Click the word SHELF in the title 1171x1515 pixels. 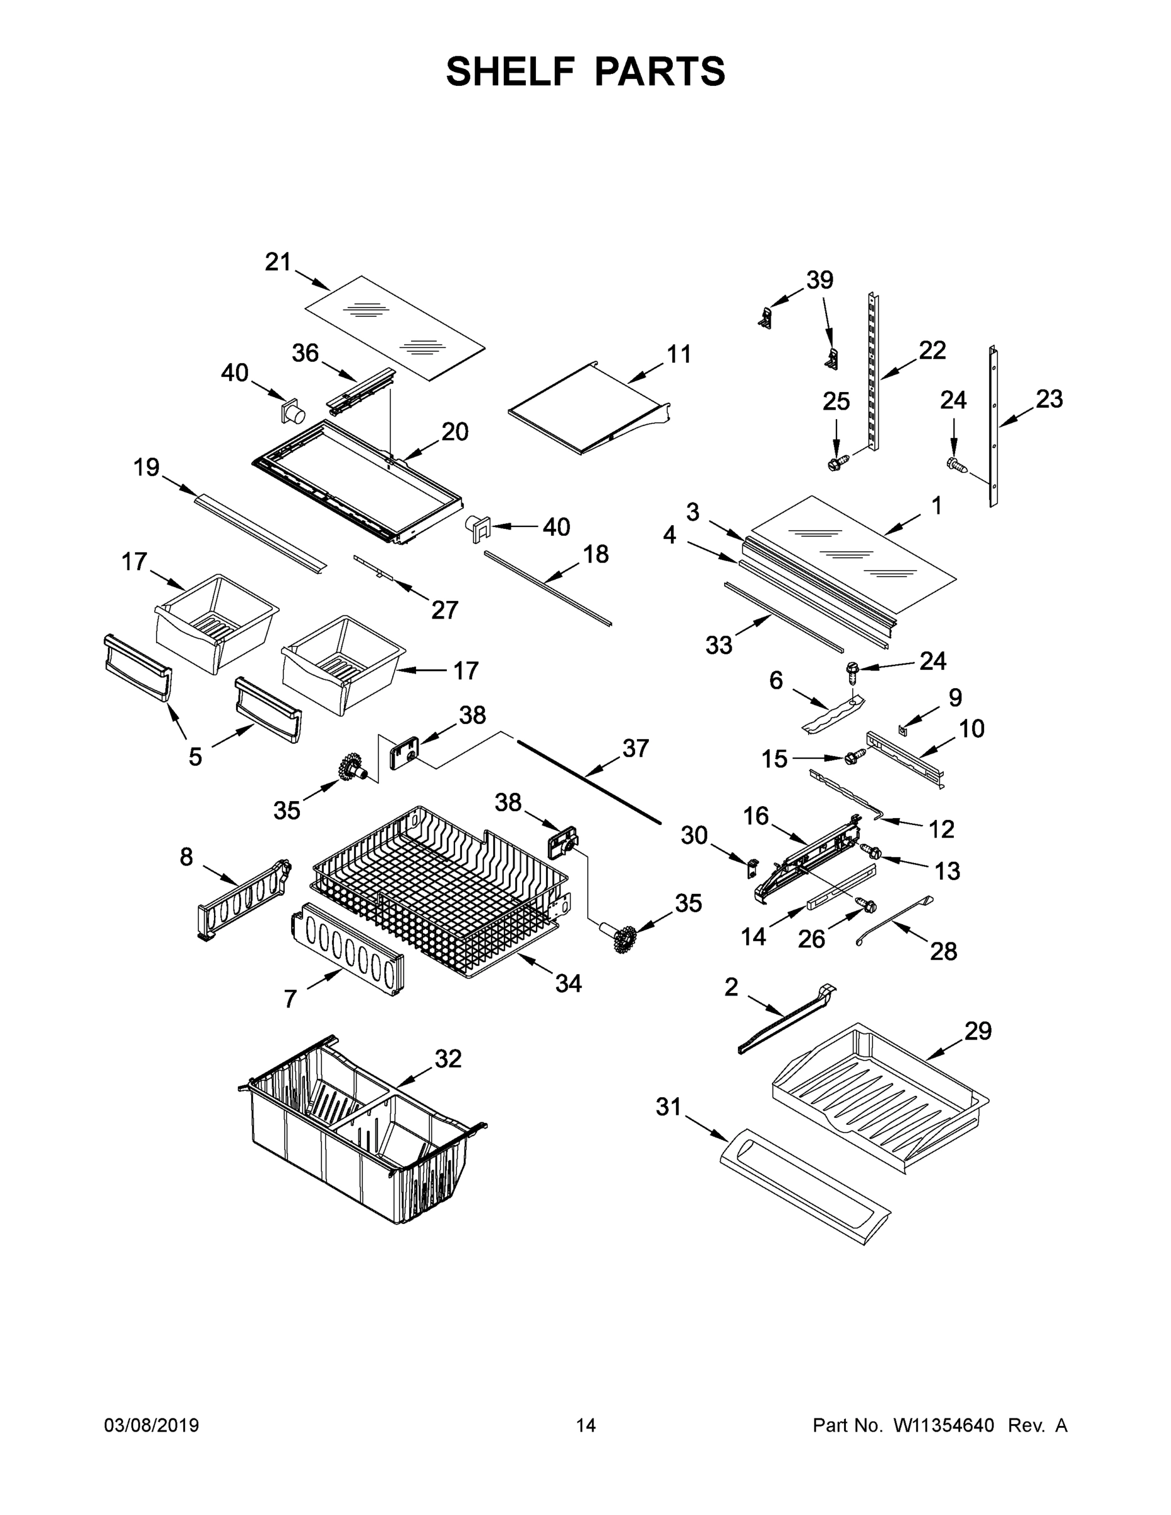(511, 71)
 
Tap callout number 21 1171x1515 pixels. (278, 262)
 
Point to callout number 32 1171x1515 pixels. (448, 1059)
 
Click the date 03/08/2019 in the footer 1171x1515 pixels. (152, 1426)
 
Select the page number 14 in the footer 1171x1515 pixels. (586, 1426)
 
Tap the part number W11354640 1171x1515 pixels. (944, 1426)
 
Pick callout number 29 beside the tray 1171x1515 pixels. (977, 1031)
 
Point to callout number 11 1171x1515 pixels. (679, 355)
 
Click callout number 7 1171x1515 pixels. (290, 999)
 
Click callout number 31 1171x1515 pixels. (669, 1107)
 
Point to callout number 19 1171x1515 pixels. (146, 468)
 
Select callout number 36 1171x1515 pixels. (304, 353)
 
